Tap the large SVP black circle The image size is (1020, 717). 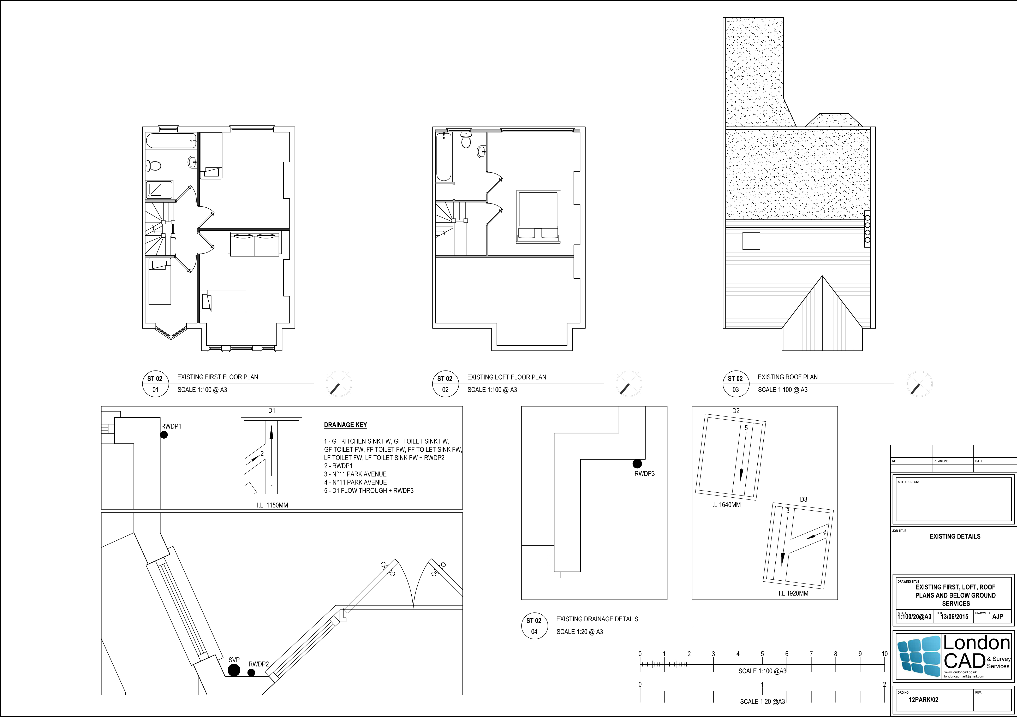[234, 670]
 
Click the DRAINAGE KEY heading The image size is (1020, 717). [346, 425]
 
